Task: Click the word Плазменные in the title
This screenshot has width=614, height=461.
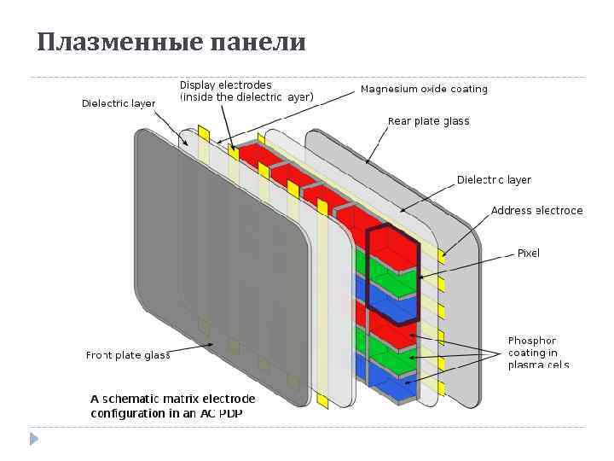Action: click(x=101, y=42)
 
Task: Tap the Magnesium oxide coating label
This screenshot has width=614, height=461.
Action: click(x=424, y=89)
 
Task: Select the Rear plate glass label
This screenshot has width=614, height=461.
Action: click(x=428, y=121)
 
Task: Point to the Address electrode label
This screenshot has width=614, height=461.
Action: click(x=536, y=210)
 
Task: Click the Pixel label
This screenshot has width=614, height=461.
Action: click(x=528, y=253)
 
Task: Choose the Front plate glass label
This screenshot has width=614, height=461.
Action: click(x=128, y=355)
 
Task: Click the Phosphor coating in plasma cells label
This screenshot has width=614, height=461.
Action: click(x=537, y=353)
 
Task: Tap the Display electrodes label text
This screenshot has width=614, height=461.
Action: click(x=226, y=85)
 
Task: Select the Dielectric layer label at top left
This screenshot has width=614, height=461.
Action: click(x=119, y=103)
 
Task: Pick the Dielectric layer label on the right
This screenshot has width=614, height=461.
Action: click(x=494, y=180)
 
